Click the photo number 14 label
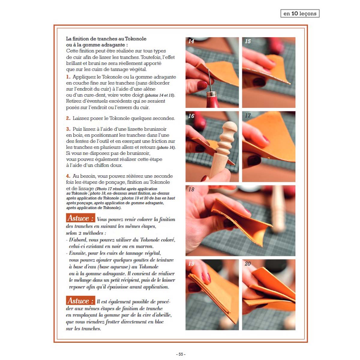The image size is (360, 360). click(191, 41)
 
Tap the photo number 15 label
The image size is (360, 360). click(248, 41)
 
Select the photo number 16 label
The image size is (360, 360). click(191, 116)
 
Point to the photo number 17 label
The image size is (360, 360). click(248, 115)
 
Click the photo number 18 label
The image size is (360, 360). click(191, 189)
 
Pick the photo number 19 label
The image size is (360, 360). click(191, 264)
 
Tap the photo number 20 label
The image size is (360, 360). click(248, 264)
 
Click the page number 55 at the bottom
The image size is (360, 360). click(181, 354)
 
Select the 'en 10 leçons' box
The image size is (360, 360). click(300, 13)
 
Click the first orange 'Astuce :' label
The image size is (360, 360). click(80, 218)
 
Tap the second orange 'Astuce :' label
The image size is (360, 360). click(80, 301)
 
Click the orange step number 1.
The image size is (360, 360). click(68, 77)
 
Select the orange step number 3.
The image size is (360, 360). click(68, 129)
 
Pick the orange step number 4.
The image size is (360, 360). click(68, 176)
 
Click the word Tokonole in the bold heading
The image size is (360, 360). click(136, 39)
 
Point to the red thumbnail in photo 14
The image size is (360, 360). click(202, 85)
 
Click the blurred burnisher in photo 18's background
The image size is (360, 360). click(278, 209)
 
